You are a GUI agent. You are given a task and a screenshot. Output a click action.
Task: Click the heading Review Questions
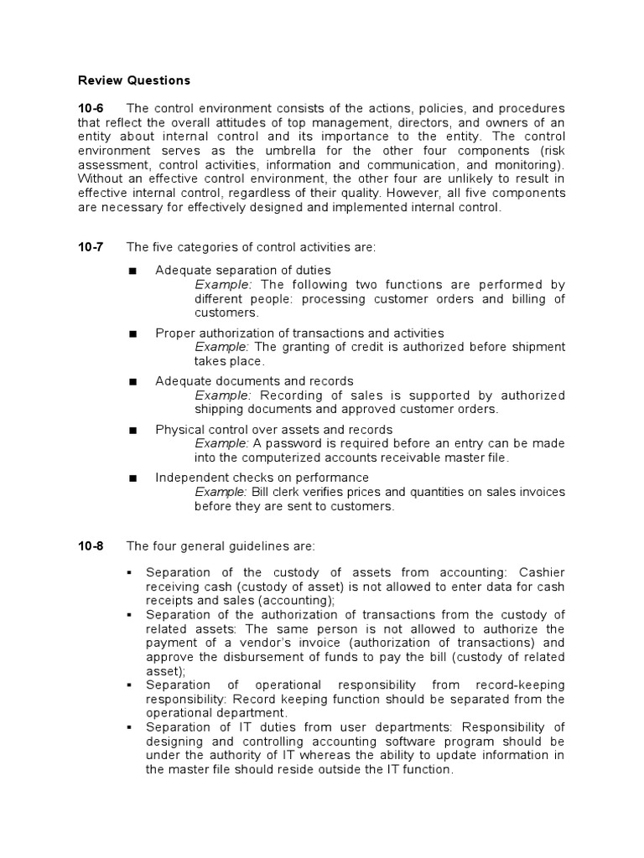point(134,80)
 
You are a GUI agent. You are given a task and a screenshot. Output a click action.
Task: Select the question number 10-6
point(91,109)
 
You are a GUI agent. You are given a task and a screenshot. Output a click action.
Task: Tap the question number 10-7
point(91,246)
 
